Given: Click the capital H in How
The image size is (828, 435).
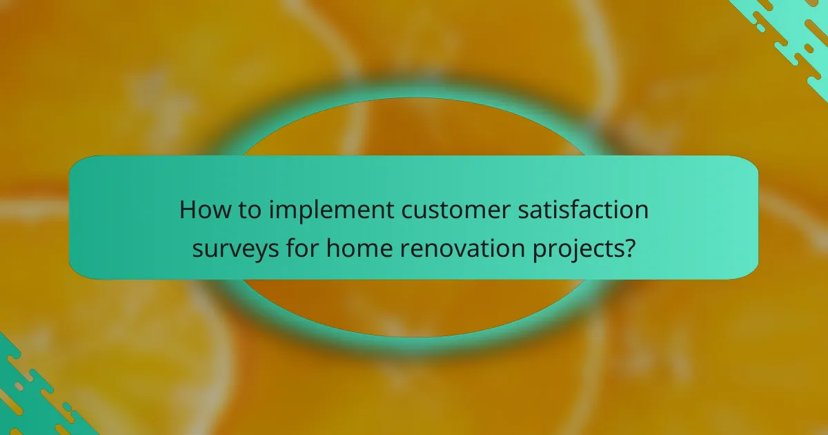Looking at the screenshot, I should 187,210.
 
